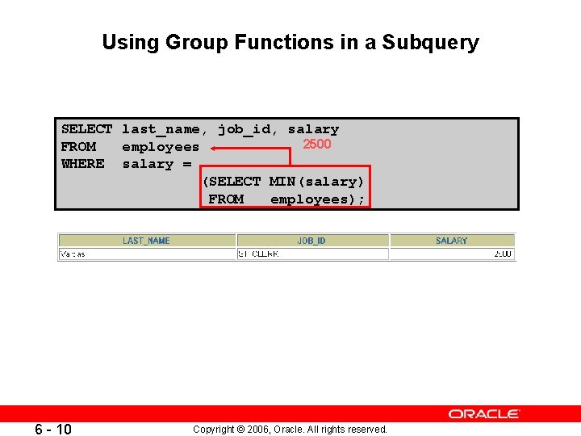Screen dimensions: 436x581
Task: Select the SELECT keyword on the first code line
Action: (86, 129)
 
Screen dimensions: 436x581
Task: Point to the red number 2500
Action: (316, 145)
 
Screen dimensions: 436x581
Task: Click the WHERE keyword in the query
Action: (82, 164)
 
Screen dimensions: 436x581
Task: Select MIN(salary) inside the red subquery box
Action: (316, 182)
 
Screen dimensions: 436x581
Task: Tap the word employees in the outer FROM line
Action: (160, 147)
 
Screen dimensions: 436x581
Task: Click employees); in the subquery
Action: (317, 199)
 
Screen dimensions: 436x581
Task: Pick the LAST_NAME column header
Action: (146, 241)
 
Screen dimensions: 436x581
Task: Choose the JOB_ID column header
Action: (311, 241)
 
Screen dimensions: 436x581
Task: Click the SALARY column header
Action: (451, 241)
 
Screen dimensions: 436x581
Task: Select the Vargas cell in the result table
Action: (73, 254)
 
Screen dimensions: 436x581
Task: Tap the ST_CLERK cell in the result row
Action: (258, 254)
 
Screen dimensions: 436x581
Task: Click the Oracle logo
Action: (484, 414)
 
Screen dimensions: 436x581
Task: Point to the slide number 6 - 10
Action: (53, 429)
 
